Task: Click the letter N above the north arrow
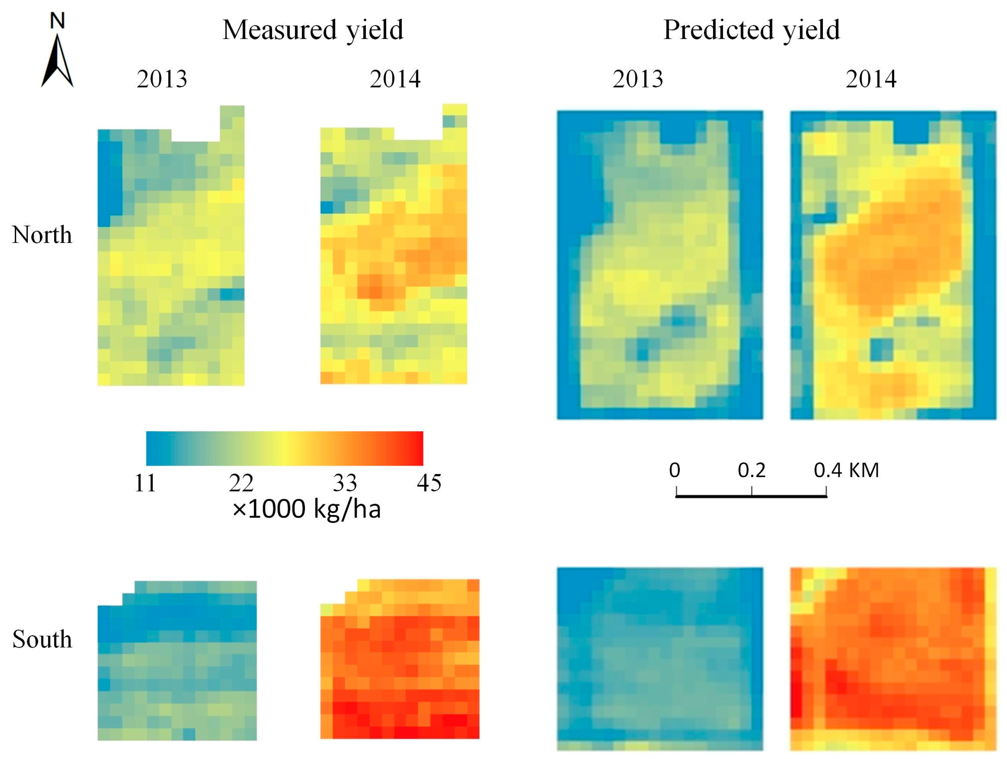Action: pos(57,21)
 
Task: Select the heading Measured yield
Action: pos(313,30)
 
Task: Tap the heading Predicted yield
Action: pos(751,30)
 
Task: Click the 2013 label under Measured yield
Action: pos(162,79)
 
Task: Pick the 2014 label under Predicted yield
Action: pos(870,79)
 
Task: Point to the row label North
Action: pos(42,235)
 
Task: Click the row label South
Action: pos(42,639)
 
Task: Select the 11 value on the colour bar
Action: pos(145,483)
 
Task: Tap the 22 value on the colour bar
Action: pos(241,483)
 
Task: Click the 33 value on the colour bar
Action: pos(344,483)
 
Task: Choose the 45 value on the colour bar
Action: pos(429,483)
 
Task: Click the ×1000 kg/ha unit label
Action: pos(306,509)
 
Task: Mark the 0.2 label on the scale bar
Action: pos(751,470)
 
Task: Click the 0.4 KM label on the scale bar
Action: pos(846,470)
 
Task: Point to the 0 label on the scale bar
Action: pos(675,470)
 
